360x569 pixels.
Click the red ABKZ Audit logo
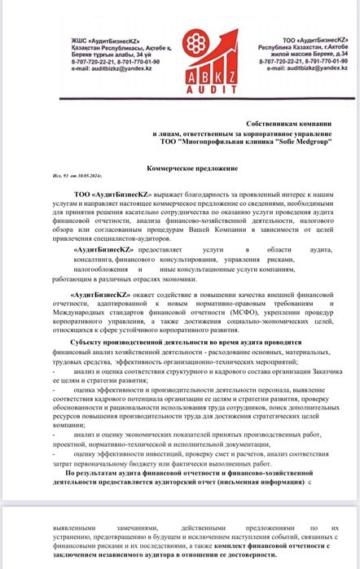180,59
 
